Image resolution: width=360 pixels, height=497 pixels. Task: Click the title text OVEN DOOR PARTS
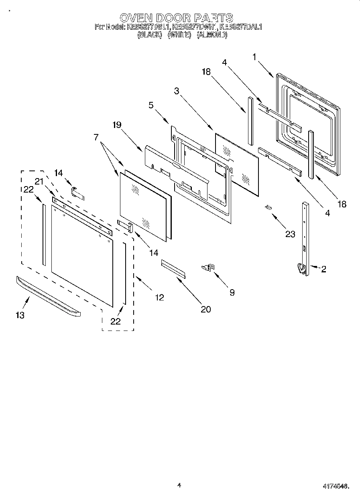tap(176, 18)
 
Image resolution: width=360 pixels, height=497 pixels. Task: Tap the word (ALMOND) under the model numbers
tap(212, 35)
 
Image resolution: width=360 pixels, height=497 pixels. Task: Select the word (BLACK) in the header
tap(149, 35)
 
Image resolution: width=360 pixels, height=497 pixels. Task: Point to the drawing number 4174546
tap(336, 486)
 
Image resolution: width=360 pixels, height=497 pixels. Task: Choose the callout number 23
tap(290, 234)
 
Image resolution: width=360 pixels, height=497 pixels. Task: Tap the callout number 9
tap(232, 292)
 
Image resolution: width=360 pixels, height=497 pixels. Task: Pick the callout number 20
tap(205, 309)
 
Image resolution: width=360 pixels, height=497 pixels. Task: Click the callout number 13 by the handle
tap(20, 315)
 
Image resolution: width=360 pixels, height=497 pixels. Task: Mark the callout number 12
tap(159, 297)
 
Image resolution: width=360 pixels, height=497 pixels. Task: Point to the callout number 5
tap(151, 106)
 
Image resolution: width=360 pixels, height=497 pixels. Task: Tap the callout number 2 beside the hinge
tap(323, 269)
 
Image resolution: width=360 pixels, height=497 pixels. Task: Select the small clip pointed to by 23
tap(268, 207)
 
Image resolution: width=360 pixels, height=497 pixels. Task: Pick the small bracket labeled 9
tap(209, 267)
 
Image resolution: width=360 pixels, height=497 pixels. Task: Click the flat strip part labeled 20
tap(173, 268)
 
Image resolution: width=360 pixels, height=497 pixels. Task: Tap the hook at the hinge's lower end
tap(300, 268)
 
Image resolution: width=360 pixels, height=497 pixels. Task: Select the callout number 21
tap(39, 181)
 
